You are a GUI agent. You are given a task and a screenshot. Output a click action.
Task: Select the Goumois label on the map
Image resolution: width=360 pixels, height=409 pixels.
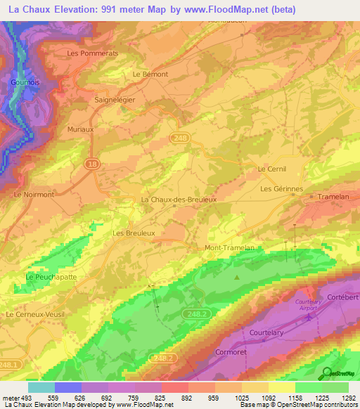[x=25, y=82]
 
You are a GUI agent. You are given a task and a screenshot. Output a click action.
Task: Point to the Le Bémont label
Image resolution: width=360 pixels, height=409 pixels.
[x=150, y=74]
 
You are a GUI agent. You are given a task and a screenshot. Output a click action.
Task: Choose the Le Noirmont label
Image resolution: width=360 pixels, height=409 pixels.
[x=34, y=195]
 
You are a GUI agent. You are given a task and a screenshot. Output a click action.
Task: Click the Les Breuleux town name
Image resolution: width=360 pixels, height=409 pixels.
[x=134, y=233]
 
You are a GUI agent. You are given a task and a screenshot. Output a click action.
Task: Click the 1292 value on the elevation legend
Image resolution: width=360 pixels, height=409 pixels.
[x=349, y=398]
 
